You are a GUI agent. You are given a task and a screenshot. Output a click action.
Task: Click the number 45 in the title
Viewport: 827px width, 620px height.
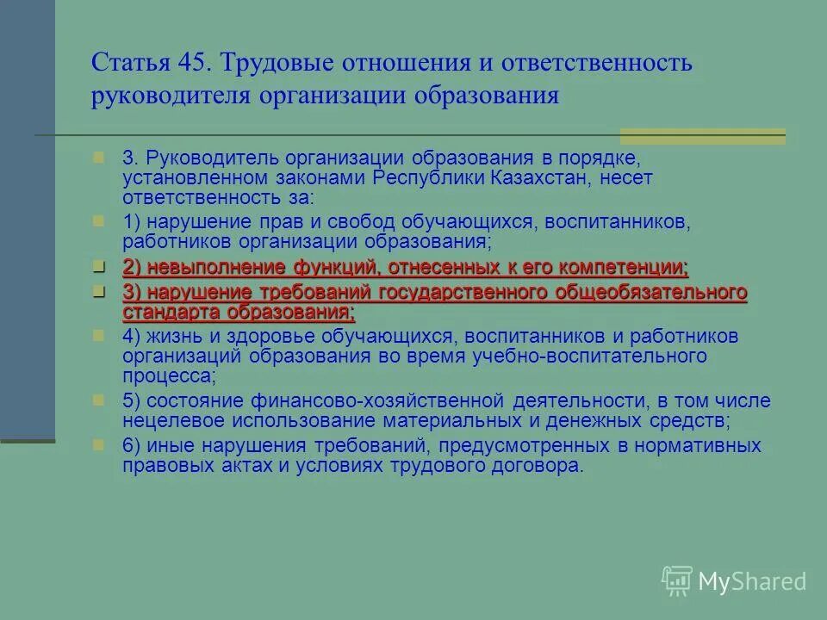click(x=192, y=63)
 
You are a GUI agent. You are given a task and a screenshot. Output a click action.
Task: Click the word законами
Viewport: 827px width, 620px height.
click(x=328, y=177)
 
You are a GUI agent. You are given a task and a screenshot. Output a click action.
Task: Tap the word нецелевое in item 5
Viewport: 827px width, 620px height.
click(x=169, y=421)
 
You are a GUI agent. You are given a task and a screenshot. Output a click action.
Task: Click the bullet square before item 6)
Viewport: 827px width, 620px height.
click(x=99, y=445)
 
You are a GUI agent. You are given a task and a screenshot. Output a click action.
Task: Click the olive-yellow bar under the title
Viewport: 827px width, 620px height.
click(x=702, y=136)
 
